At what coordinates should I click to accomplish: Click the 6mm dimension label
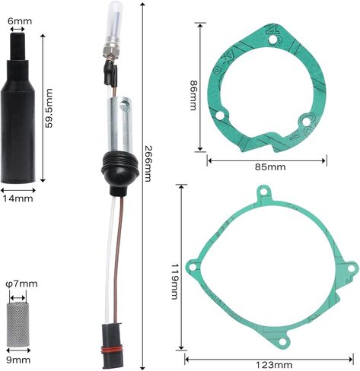pyautogui.click(x=20, y=21)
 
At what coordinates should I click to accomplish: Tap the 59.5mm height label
pyautogui.click(x=48, y=108)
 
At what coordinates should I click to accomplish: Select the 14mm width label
pyautogui.click(x=18, y=198)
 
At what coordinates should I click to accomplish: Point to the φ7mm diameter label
pyautogui.click(x=21, y=284)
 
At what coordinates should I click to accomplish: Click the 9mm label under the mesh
pyautogui.click(x=18, y=360)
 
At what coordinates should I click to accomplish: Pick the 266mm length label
pyautogui.click(x=148, y=163)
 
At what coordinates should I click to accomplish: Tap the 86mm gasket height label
pyautogui.click(x=193, y=95)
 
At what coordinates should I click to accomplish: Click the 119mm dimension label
pyautogui.click(x=175, y=281)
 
